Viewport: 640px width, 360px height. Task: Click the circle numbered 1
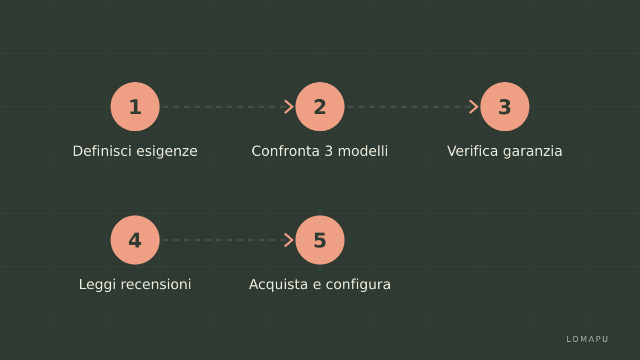pos(135,107)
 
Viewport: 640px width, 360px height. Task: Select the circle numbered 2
pos(319,107)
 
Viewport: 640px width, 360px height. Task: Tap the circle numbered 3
pos(505,107)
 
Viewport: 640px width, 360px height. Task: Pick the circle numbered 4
pos(135,240)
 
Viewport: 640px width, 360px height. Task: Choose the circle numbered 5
pos(319,240)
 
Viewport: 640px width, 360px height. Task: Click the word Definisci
pos(102,151)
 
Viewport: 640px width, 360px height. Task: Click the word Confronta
pos(285,151)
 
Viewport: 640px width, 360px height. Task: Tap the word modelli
pos(363,151)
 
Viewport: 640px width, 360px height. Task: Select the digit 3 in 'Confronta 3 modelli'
pos(329,151)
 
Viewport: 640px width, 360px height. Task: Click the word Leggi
pos(97,285)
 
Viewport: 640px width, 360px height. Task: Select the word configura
pos(358,285)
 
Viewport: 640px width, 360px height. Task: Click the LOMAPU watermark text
pos(587,339)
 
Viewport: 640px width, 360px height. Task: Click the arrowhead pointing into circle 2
pos(289,107)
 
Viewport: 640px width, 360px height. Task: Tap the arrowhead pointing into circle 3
pos(474,107)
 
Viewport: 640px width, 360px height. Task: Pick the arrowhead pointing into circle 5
pos(289,240)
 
